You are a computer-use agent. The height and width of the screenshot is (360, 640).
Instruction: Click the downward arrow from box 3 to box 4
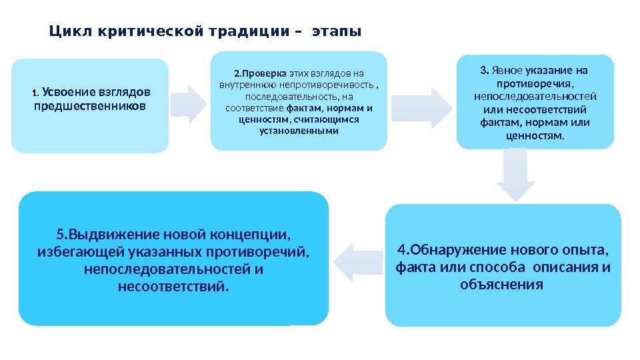pyautogui.click(x=515, y=175)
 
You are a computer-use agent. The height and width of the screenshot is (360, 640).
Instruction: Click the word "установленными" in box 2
pyautogui.click(x=298, y=131)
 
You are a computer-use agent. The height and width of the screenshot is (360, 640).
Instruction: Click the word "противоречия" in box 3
pyautogui.click(x=535, y=84)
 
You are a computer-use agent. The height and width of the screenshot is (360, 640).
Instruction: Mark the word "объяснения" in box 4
pyautogui.click(x=502, y=285)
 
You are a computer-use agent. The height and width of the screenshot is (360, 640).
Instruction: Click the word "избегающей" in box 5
pyautogui.click(x=74, y=252)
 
